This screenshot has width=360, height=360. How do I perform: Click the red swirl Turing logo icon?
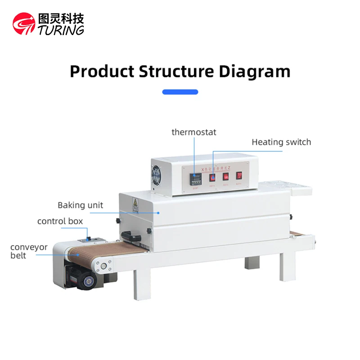pyautogui.click(x=24, y=23)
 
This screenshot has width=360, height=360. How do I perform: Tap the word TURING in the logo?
pyautogui.click(x=61, y=30)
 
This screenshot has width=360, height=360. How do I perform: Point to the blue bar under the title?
pyautogui.click(x=180, y=92)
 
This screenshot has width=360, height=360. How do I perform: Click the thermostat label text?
pyautogui.click(x=194, y=132)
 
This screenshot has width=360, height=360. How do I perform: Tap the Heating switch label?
pyautogui.click(x=281, y=142)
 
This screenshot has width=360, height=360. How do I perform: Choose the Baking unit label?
pyautogui.click(x=80, y=205)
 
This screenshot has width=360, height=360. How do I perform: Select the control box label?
pyautogui.click(x=60, y=221)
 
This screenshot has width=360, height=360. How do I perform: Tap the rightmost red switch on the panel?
pyautogui.click(x=240, y=176)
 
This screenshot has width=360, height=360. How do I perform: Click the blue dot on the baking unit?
pyautogui.click(x=158, y=212)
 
